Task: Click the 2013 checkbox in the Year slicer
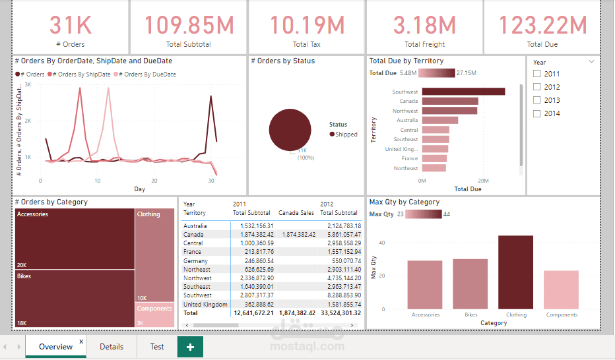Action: [x=537, y=100]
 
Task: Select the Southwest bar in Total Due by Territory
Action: [x=463, y=92]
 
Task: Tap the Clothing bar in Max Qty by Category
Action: [x=515, y=272]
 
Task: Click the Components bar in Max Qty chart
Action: [x=561, y=289]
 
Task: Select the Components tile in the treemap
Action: [x=155, y=315]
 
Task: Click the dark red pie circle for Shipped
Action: [x=290, y=129]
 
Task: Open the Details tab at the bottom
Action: [x=112, y=346]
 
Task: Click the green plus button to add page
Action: [x=190, y=347]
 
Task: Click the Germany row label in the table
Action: [x=195, y=261]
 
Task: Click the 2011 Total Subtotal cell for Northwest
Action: [x=253, y=278]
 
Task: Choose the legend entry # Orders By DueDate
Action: [x=150, y=75]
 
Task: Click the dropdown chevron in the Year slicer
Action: [x=591, y=62]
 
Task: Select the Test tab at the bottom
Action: [x=157, y=346]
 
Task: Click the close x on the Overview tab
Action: [x=81, y=342]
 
